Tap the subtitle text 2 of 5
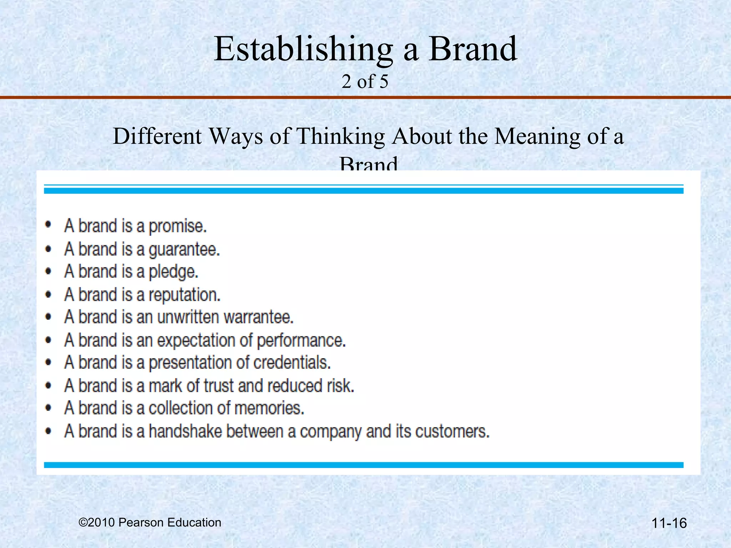tap(365, 82)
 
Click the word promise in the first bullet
tap(177, 227)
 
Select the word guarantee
tap(184, 249)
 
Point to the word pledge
tap(173, 272)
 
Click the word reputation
tap(184, 295)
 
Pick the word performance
tap(301, 340)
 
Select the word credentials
tap(292, 363)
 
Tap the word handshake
tap(185, 431)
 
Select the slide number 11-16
tap(669, 523)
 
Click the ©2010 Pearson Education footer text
tap(150, 522)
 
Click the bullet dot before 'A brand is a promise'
tap(49, 225)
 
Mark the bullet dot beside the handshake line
tap(49, 431)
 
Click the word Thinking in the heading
tap(341, 137)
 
